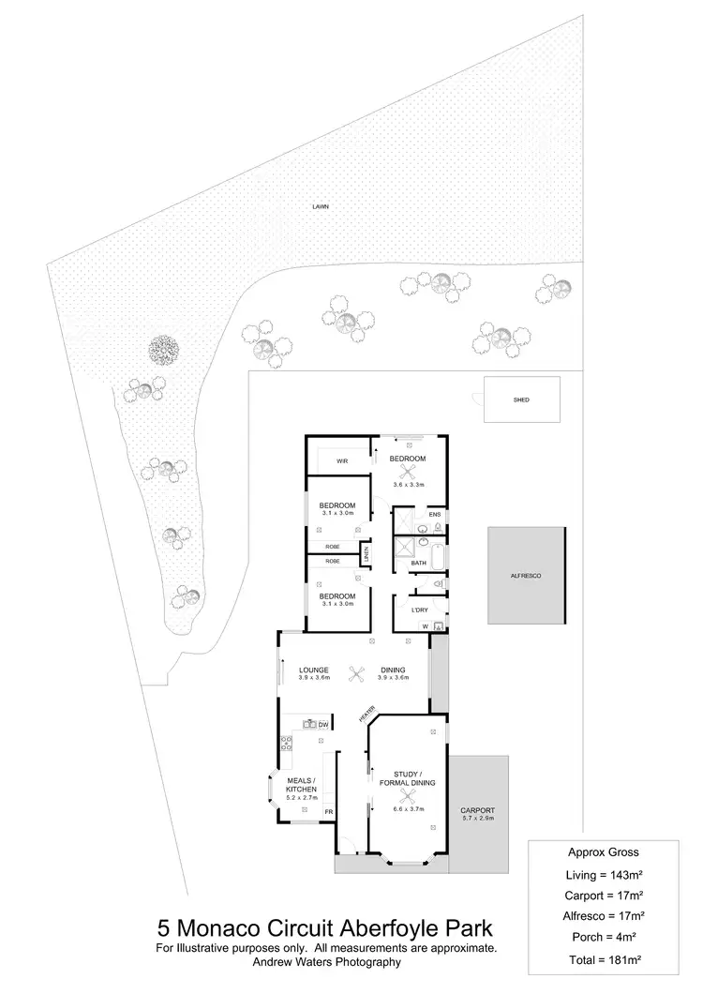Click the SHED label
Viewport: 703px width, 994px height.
coord(521,400)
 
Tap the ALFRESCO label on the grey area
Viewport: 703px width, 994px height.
coord(527,574)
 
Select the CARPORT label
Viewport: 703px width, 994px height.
coord(477,810)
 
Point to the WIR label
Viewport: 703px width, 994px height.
coord(342,460)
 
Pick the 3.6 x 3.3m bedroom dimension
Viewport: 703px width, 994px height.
coord(408,485)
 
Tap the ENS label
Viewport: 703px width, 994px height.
coord(434,515)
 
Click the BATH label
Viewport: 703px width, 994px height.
coord(419,563)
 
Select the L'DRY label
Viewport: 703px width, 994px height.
coord(420,610)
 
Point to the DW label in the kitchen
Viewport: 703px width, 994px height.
coord(322,725)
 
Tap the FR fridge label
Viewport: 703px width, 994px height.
coord(328,811)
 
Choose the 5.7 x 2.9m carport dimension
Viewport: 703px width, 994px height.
coord(477,820)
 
